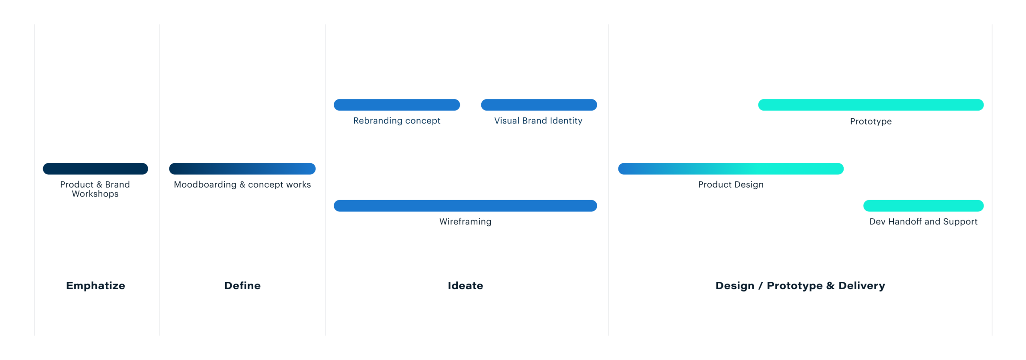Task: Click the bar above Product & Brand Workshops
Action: [x=95, y=169]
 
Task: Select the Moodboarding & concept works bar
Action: [x=242, y=169]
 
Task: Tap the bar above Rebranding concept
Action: [x=397, y=105]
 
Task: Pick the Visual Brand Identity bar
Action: [x=539, y=105]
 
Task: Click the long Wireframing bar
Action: [x=465, y=206]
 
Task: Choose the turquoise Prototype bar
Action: [x=871, y=105]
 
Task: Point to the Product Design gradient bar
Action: [x=731, y=169]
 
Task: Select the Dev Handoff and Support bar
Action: [x=923, y=206]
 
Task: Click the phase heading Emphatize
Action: [x=95, y=286]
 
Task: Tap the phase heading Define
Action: [x=242, y=286]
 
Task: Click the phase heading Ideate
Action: [x=465, y=286]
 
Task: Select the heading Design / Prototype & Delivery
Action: [x=800, y=286]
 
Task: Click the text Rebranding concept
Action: [x=397, y=121]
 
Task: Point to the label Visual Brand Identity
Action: [x=538, y=121]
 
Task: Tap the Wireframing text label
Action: [x=465, y=222]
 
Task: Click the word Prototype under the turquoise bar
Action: [x=871, y=121]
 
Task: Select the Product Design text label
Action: [x=731, y=184]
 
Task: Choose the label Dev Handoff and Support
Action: [x=923, y=222]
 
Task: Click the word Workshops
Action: [x=95, y=194]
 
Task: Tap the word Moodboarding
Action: [x=205, y=184]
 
